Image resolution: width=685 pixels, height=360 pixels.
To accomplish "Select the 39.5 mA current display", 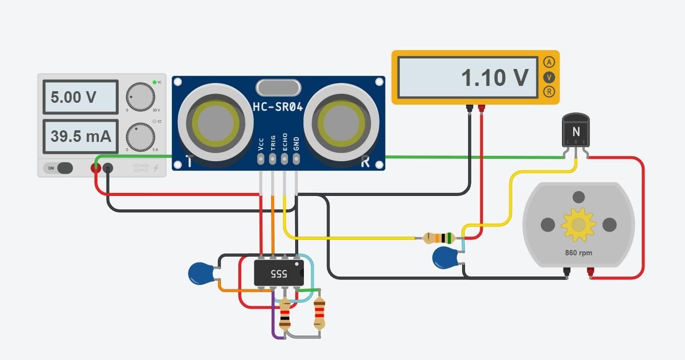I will pos(80,137).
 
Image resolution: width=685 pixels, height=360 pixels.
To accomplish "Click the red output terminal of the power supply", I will pos(96,168).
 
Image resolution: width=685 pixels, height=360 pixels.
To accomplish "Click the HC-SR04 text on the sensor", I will pos(278,107).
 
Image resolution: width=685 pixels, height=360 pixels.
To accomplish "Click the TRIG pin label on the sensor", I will pos(273,143).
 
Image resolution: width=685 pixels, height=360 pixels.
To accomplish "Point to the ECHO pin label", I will pos(285,142).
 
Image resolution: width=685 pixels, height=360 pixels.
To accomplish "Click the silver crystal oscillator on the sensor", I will pos(278,87).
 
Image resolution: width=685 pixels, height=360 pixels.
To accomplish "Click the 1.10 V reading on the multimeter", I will pos(494,78).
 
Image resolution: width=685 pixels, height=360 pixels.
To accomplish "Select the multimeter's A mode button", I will pos(548,62).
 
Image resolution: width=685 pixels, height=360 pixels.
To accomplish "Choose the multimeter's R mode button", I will pos(548,92).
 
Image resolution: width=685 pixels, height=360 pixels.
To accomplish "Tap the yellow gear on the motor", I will pos(578,224).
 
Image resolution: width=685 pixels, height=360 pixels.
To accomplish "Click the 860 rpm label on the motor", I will pos(578,253).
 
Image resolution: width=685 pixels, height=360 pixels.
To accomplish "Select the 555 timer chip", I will pos(279,274).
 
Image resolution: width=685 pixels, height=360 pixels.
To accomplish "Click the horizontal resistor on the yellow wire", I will pos(439,237).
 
